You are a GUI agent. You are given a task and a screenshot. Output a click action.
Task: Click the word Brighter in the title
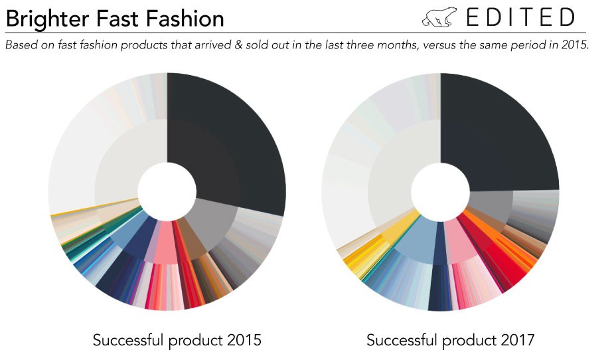[x=47, y=19]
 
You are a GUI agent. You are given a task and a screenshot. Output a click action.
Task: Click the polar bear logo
[x=439, y=17]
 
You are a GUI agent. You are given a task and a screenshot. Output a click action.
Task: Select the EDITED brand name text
[x=520, y=17]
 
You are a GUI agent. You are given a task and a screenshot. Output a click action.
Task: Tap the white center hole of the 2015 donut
[x=167, y=191]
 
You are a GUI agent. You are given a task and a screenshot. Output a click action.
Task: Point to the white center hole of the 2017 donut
[x=440, y=191]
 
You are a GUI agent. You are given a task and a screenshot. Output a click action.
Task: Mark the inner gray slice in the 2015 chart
[x=214, y=223]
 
